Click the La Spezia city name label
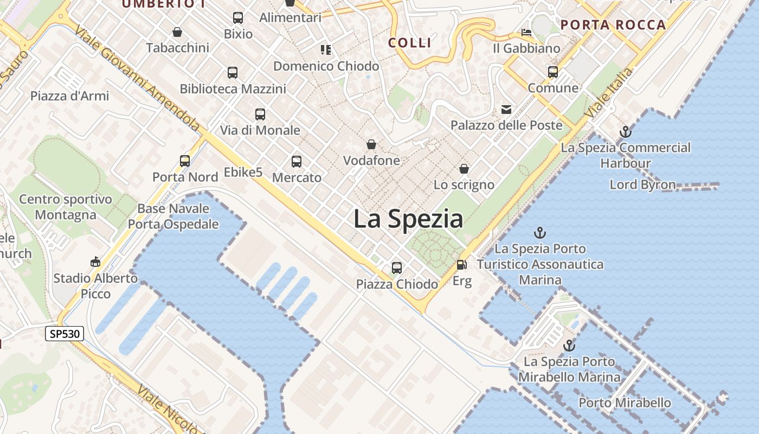[408, 219]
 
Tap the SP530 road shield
[65, 334]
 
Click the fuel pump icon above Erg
[461, 265]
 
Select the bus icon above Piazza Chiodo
[397, 268]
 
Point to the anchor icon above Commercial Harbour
[626, 132]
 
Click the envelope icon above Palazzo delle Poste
[506, 110]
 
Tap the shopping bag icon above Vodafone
[371, 144]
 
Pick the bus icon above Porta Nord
[185, 161]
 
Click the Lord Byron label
[642, 184]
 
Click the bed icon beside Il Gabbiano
[526, 33]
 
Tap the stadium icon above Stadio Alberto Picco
[95, 262]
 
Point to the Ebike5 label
[243, 173]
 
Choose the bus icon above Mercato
[297, 162]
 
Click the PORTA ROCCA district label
[613, 24]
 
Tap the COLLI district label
[410, 43]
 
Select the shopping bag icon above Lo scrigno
[464, 169]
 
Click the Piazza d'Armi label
[69, 96]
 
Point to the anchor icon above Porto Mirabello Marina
[569, 346]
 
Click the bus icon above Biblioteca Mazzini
[233, 73]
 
